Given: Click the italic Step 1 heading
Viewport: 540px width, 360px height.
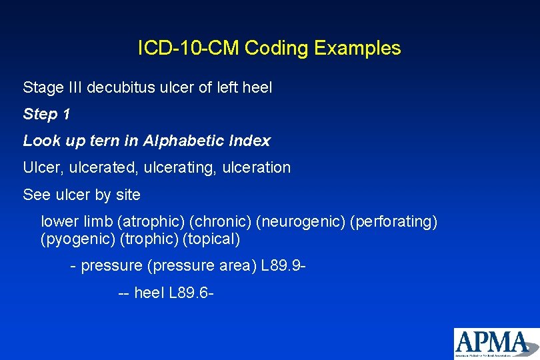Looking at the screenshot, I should click(x=47, y=114).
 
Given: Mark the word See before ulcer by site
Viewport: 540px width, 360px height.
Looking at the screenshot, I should click(x=36, y=195).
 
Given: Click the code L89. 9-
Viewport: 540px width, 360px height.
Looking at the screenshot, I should click(x=284, y=266).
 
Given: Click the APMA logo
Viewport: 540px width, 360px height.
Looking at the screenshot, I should click(x=496, y=343).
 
